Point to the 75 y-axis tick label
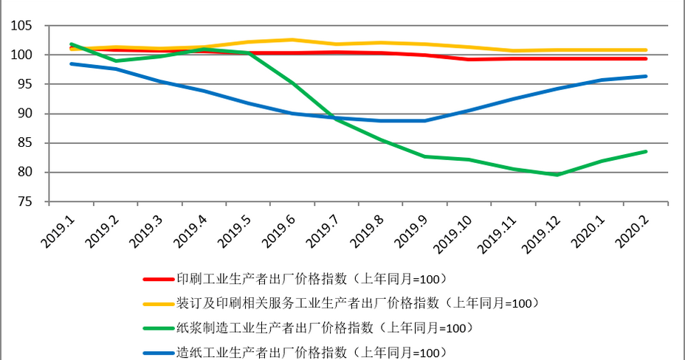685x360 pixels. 24,202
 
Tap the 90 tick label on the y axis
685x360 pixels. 24,114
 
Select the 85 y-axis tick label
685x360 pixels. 24,143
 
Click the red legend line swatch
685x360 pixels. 158,280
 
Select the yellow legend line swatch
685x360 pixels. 158,303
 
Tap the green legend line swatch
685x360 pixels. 158,328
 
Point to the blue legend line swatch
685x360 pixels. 158,352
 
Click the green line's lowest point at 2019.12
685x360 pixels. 558,175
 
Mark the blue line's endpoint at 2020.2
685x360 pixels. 646,76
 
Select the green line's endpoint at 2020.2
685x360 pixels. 646,151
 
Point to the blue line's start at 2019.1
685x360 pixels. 72,63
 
